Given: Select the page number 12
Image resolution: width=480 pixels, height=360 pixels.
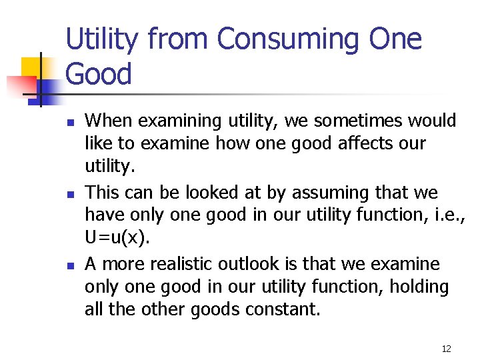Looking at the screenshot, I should click(446, 348).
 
